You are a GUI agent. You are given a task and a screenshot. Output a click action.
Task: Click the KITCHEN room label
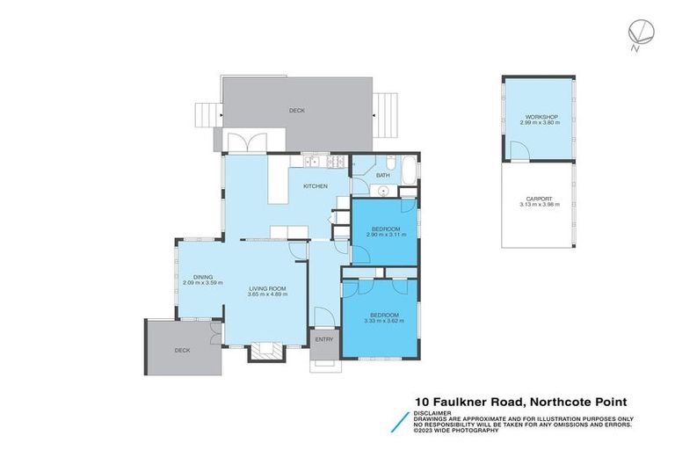point(315,186)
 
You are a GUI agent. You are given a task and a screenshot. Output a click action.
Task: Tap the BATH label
point(382,176)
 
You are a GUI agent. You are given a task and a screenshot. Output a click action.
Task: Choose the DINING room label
point(203,277)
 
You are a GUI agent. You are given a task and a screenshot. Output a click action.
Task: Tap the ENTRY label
point(323,339)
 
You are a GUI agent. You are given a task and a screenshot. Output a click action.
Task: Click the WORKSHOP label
point(536,117)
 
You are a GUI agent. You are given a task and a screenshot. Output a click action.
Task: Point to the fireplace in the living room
point(265,352)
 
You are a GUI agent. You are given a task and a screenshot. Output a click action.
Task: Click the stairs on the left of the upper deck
point(204,114)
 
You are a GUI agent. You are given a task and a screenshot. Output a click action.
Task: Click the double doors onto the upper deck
point(243,142)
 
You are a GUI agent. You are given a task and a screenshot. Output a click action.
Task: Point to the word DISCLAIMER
point(435,411)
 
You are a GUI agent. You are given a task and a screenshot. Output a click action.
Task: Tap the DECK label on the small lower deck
point(181,350)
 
